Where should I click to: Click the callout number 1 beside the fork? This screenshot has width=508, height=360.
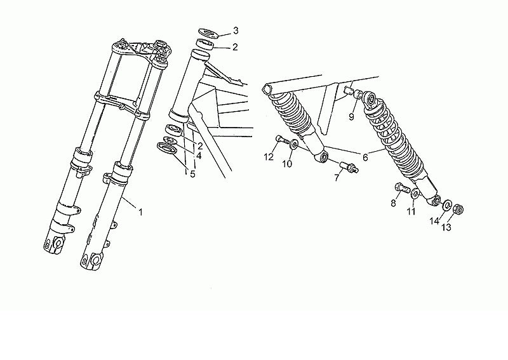coord(140,212)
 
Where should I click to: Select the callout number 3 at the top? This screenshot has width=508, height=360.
coord(236,30)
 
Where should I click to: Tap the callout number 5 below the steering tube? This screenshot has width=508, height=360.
coord(193,175)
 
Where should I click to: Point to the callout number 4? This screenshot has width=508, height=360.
coord(199,156)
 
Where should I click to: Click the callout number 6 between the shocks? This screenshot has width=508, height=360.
coord(365,157)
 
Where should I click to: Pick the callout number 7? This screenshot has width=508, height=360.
coord(337,177)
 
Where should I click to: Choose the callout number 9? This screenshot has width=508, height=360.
coord(352,117)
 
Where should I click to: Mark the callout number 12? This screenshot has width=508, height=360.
coord(269,157)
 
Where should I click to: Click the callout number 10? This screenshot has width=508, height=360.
coord(287,164)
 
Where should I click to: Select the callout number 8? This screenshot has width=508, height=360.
coord(393,203)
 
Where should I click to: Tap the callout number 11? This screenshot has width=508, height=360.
coord(411,212)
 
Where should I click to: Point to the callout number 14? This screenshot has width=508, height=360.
coord(434,221)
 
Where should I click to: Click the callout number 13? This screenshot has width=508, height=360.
coord(446,227)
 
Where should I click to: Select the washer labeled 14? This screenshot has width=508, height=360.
coord(448,205)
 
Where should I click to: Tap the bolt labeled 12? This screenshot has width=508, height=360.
coord(281,140)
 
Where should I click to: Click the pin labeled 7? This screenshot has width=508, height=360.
coord(349,166)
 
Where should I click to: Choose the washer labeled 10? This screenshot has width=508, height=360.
coord(294,143)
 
